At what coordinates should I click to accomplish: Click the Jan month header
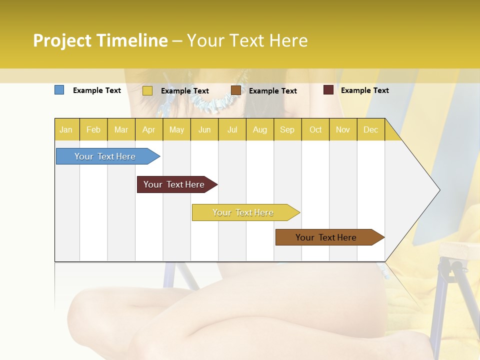click(66, 129)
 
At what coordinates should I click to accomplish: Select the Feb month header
click(93, 129)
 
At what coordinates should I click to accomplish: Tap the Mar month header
click(121, 129)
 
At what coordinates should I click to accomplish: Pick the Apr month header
click(149, 129)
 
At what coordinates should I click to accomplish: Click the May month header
click(176, 129)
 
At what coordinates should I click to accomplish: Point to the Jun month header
click(204, 129)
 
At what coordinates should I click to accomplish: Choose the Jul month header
click(232, 129)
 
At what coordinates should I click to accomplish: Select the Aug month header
click(260, 129)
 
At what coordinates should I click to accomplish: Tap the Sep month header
click(287, 129)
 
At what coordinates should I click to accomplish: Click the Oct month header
click(315, 129)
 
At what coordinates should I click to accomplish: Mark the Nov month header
click(343, 129)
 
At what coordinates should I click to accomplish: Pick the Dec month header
click(370, 129)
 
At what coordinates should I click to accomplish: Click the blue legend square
click(59, 90)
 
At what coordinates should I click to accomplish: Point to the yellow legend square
click(147, 90)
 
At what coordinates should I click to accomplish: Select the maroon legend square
click(328, 90)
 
